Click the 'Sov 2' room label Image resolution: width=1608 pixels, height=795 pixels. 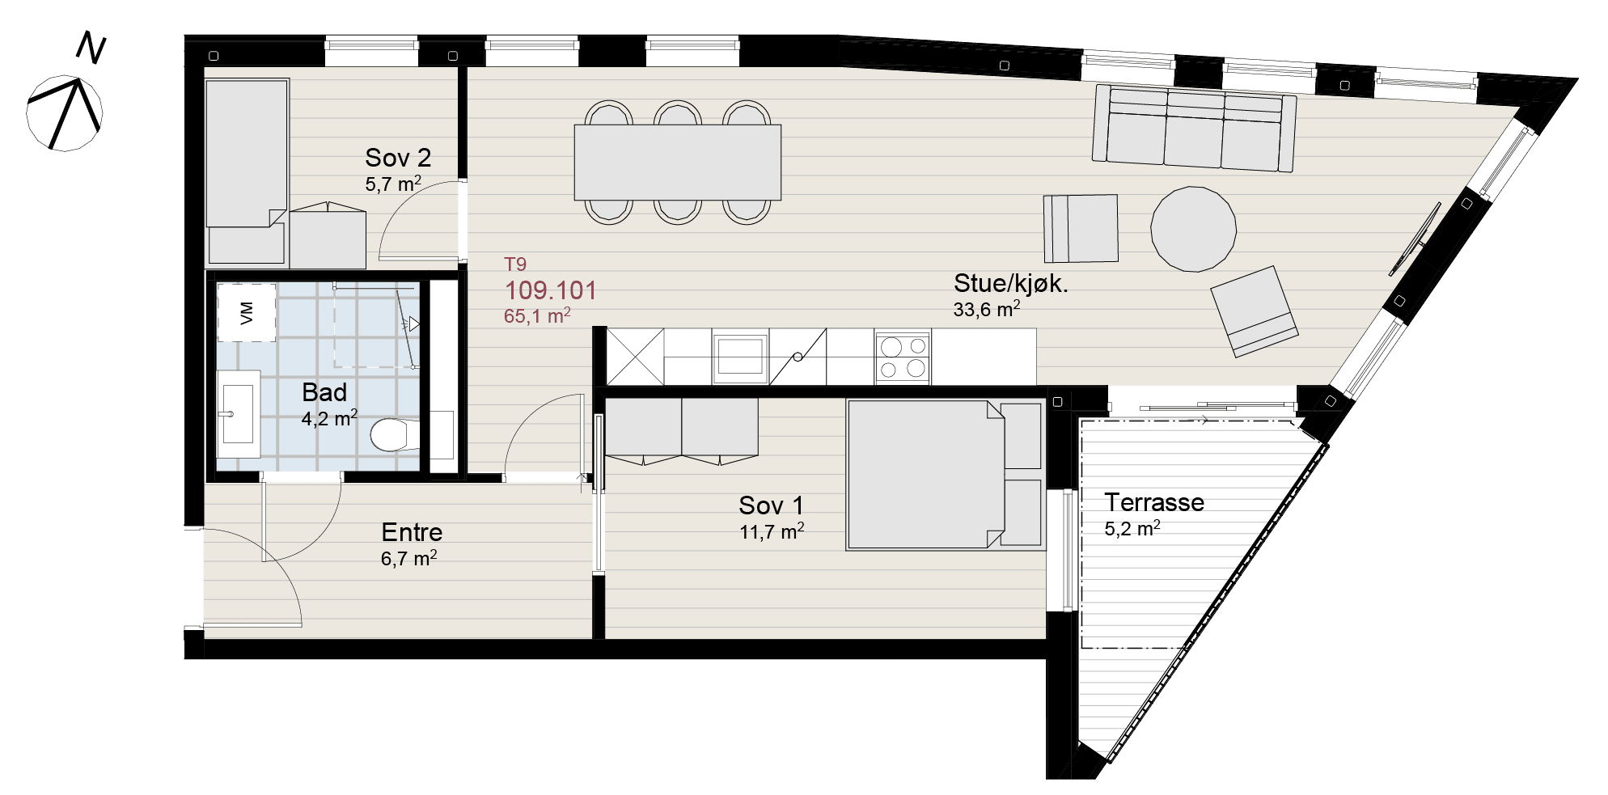point(398,157)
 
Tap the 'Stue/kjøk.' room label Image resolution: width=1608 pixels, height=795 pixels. point(1010,283)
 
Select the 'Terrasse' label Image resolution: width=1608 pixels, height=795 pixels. point(1154,502)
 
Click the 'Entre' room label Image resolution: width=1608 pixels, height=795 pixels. point(412,532)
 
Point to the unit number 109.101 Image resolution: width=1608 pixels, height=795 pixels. point(551,290)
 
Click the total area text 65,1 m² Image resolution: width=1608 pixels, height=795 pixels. point(537,315)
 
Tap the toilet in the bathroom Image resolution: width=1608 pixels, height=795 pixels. point(395,435)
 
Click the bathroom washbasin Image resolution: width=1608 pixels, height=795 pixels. point(238,413)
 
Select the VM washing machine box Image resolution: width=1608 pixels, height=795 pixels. point(247,312)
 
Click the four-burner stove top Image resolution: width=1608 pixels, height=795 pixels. point(903,357)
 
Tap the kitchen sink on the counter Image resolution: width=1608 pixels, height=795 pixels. point(740,356)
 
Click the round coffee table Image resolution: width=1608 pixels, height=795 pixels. point(1194,229)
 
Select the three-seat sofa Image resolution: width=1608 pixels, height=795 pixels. point(1195,128)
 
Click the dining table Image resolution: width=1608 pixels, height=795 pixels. point(678,162)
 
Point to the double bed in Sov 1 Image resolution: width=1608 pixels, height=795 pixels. point(945,475)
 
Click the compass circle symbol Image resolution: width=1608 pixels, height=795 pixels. point(65,113)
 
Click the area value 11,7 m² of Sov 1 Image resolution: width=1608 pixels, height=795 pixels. point(772,531)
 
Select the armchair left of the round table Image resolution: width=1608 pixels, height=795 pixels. point(1081,228)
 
